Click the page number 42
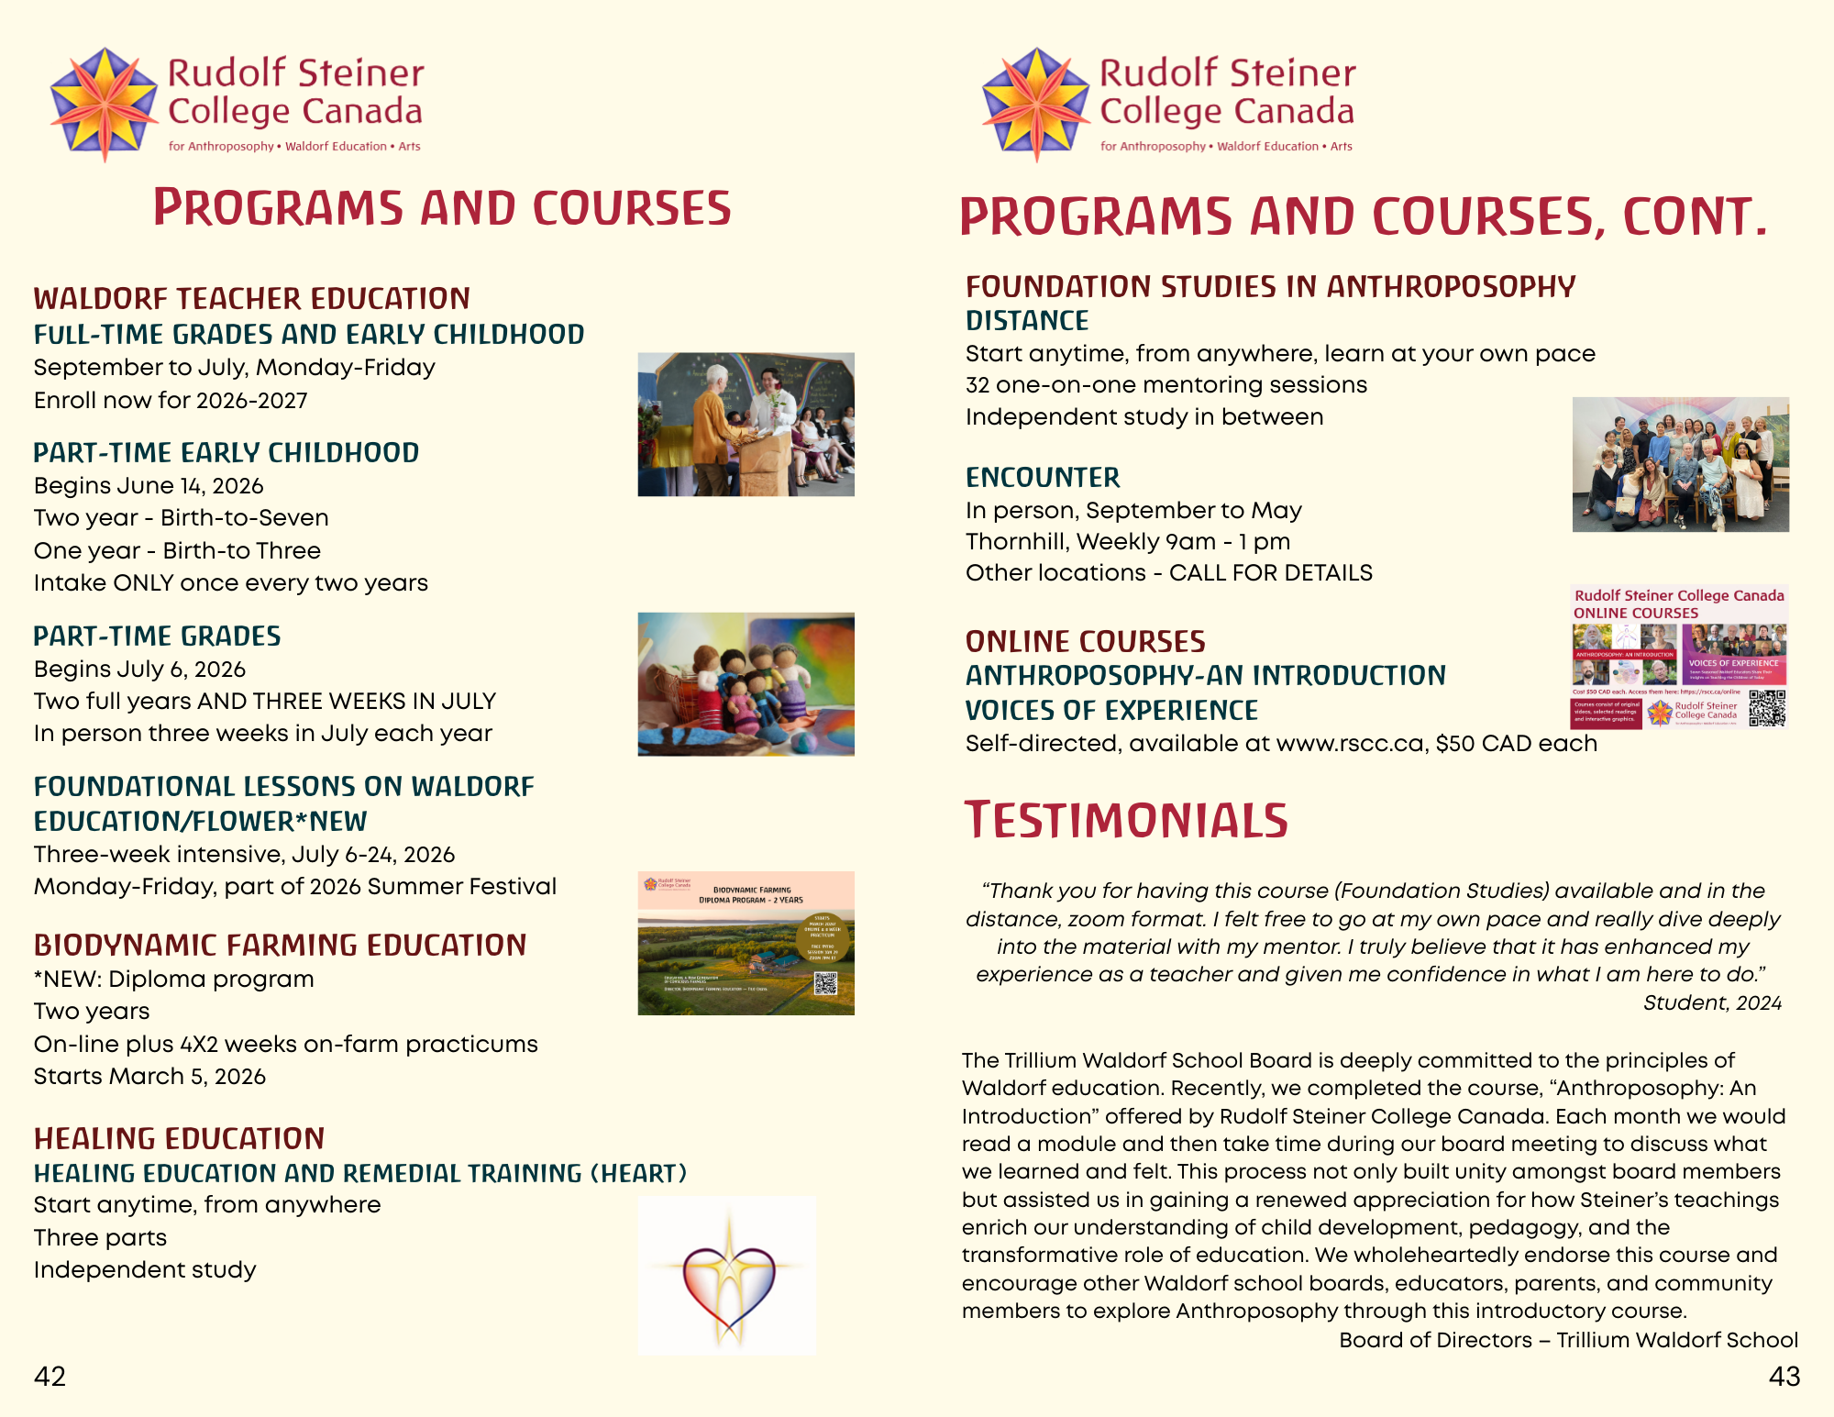click(50, 1376)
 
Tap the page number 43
click(1784, 1376)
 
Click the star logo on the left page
click(105, 105)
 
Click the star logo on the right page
click(1036, 105)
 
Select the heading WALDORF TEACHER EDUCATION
click(251, 299)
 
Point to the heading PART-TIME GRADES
click(157, 637)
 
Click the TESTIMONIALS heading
click(1126, 821)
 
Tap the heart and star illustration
click(727, 1276)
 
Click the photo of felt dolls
click(746, 684)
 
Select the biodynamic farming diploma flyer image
click(746, 943)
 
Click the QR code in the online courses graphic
click(1766, 708)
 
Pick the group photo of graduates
click(1680, 464)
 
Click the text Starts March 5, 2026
click(149, 1077)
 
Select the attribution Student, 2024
click(1711, 1003)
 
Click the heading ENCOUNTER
click(1043, 478)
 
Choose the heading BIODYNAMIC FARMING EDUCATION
click(280, 946)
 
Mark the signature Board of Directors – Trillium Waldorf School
click(1568, 1340)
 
